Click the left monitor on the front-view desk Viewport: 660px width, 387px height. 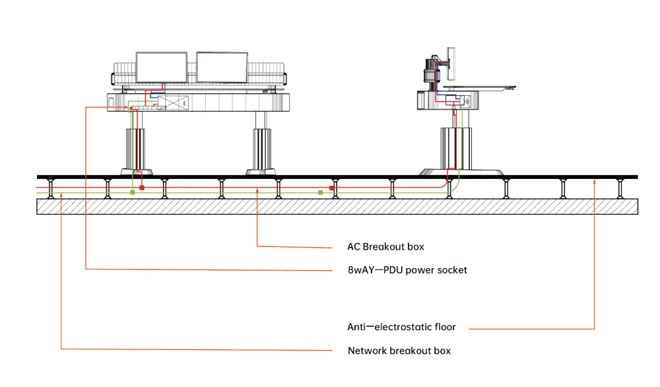click(161, 67)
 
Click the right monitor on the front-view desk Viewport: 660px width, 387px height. click(221, 68)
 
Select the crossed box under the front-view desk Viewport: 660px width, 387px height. click(174, 103)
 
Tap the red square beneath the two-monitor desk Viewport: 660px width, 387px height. click(141, 188)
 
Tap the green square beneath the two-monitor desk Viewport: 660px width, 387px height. click(132, 192)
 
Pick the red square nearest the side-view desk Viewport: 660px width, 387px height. click(332, 188)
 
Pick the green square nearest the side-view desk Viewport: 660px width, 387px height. click(320, 192)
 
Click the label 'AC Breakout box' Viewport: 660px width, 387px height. click(385, 247)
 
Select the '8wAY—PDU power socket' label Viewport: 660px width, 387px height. click(407, 269)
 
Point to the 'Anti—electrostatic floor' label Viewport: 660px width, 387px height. click(401, 327)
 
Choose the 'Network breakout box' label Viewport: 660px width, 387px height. click(399, 351)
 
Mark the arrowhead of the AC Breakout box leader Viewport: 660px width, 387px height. click(257, 190)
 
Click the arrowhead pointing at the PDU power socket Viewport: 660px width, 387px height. click(129, 107)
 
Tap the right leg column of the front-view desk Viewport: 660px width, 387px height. click(261, 149)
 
